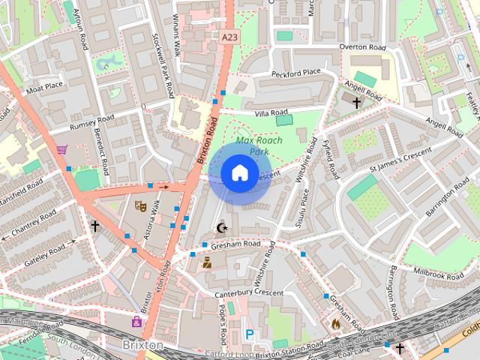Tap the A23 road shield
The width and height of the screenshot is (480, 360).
(230, 36)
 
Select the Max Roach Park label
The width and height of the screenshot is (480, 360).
(252, 145)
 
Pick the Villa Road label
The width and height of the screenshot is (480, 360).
(271, 112)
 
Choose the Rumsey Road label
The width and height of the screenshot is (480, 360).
(91, 123)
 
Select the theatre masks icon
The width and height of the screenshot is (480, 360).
(139, 205)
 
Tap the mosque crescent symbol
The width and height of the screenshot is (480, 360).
(220, 227)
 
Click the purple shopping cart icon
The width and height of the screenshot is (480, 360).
(61, 150)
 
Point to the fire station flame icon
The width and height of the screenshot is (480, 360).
(335, 324)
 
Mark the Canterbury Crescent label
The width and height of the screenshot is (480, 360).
(248, 292)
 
